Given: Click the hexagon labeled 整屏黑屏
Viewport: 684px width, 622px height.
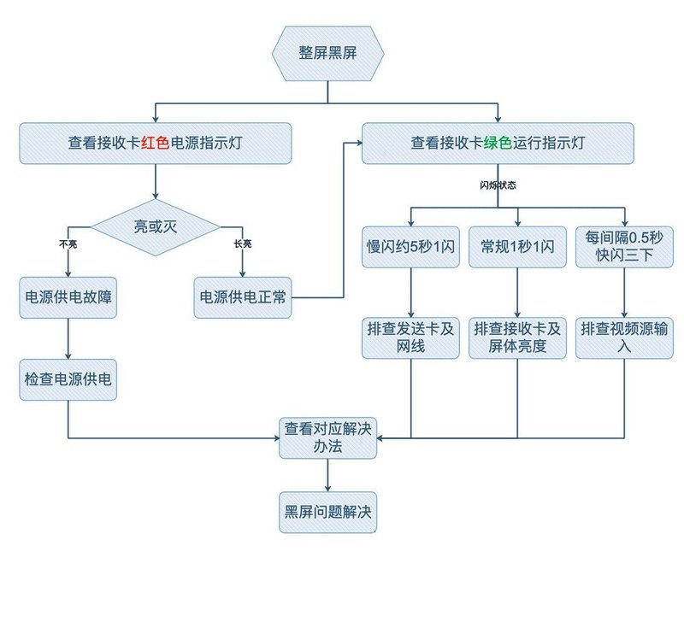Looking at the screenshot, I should [x=327, y=53].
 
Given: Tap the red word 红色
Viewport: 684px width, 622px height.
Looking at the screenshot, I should [x=156, y=144].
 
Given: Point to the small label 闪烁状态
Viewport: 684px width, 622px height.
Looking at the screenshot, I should [x=498, y=185].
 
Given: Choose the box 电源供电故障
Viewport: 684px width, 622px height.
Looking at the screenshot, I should [x=68, y=297].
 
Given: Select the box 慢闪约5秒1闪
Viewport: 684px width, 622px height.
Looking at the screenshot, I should [x=411, y=248].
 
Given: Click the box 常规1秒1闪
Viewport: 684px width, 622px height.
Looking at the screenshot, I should [x=518, y=248].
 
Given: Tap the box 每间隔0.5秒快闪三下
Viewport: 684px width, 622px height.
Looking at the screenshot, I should [x=623, y=248].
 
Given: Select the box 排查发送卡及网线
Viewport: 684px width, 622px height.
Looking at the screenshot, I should [x=411, y=338].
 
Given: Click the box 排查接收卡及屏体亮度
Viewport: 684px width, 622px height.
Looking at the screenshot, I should [x=518, y=338].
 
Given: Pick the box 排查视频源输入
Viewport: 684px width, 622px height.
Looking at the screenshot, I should [x=623, y=338].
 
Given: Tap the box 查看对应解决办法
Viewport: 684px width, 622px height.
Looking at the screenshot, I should [x=327, y=438].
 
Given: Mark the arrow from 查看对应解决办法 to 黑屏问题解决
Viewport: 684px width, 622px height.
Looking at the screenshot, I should [x=327, y=476].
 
